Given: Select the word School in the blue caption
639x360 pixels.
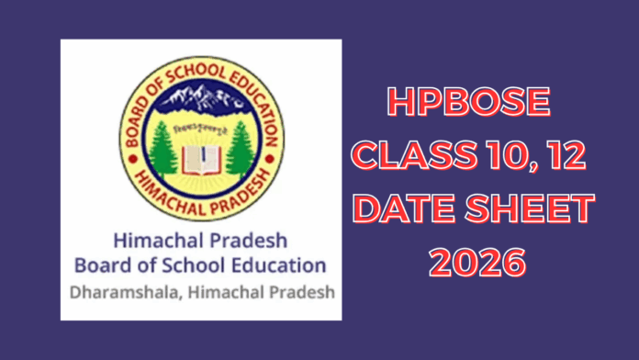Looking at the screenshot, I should pyautogui.click(x=205, y=266).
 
